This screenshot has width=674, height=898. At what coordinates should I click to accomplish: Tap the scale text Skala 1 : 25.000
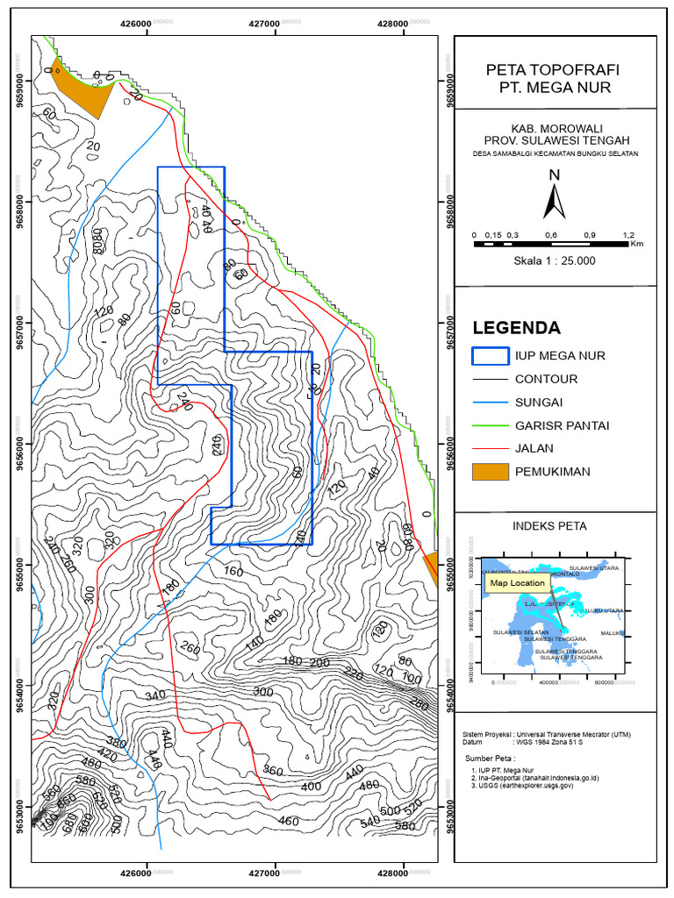pyautogui.click(x=554, y=260)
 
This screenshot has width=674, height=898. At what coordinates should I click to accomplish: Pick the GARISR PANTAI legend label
pyautogui.click(x=563, y=425)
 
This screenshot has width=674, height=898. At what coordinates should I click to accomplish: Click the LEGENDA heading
pyautogui.click(x=516, y=328)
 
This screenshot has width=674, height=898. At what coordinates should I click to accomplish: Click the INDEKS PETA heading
pyautogui.click(x=549, y=526)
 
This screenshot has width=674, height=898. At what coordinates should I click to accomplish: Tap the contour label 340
pyautogui.click(x=154, y=695)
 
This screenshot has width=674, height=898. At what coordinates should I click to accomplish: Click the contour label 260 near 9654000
pyautogui.click(x=190, y=649)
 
